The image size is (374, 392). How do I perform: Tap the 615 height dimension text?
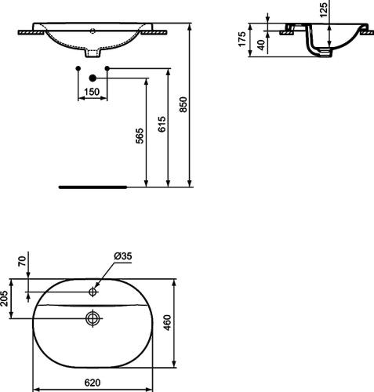[x=162, y=127]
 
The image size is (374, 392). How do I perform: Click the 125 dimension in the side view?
[x=324, y=9]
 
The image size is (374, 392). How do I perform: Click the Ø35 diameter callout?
[x=122, y=256]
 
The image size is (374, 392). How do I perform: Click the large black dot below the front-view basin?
[x=92, y=78]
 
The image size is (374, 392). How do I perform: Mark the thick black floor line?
[x=93, y=187]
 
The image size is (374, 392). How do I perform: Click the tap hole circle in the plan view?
[x=93, y=292]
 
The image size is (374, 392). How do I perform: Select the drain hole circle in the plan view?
[x=93, y=318]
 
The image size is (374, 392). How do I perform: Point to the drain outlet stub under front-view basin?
[x=93, y=53]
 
